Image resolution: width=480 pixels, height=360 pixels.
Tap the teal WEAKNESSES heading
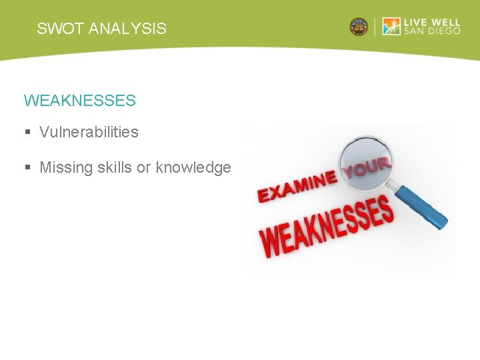point(79,101)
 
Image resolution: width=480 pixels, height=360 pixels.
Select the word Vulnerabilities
point(89,132)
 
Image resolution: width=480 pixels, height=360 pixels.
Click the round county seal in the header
point(359,27)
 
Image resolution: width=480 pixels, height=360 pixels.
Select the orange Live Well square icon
point(391,27)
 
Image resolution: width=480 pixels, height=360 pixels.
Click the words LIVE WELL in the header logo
point(432,22)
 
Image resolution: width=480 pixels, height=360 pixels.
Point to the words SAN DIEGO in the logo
point(432,32)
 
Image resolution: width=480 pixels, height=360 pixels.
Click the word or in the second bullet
point(143,167)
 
